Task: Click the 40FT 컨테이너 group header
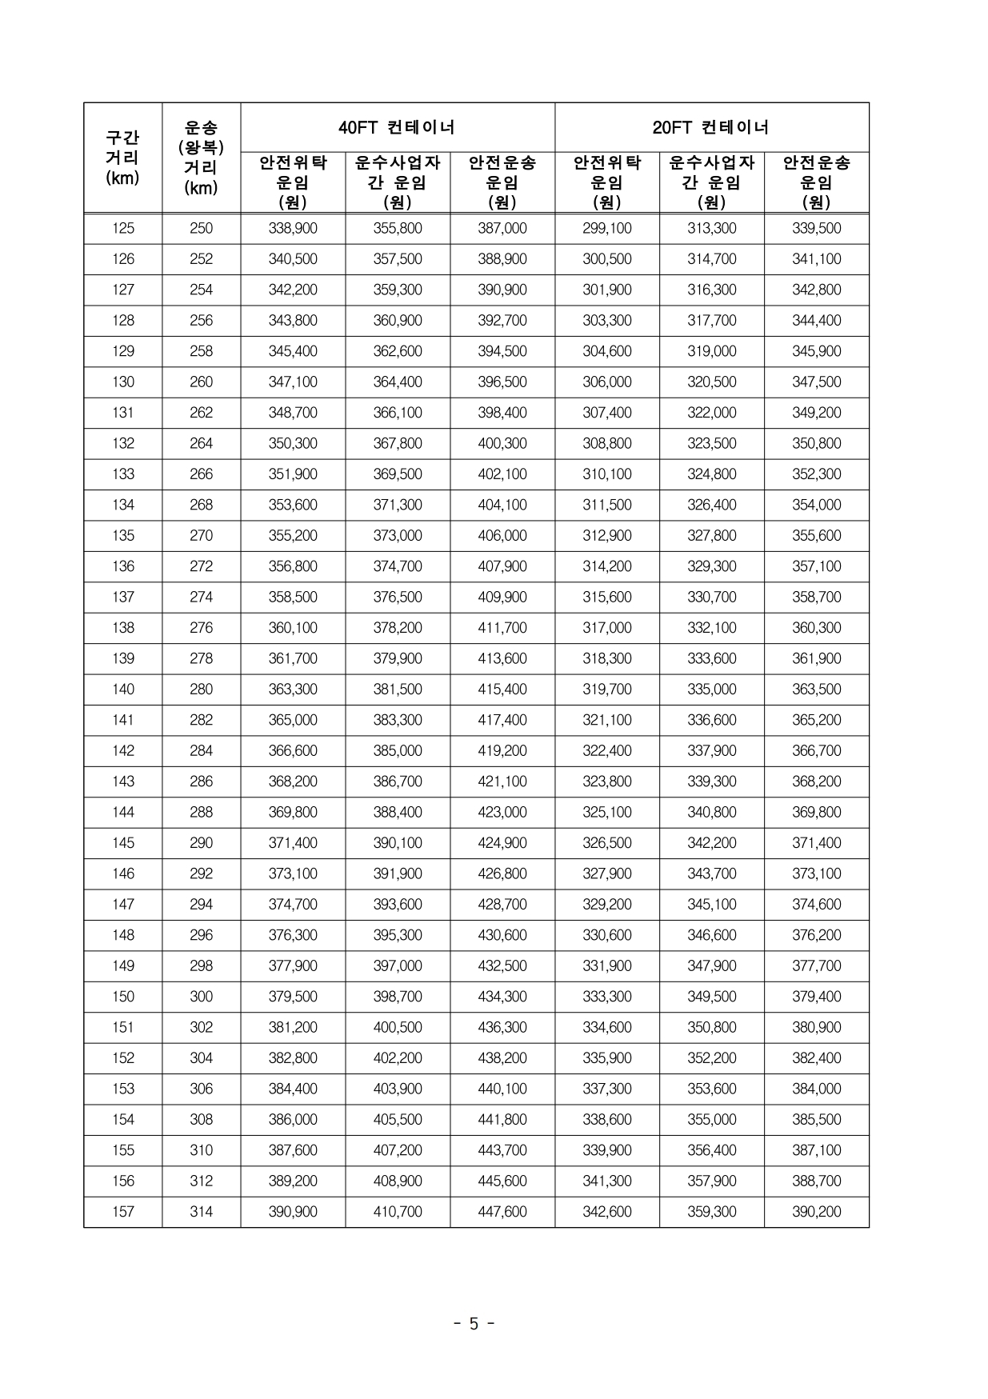pyautogui.click(x=397, y=127)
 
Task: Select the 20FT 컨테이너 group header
pyautogui.click(x=711, y=127)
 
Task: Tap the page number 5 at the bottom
pyautogui.click(x=474, y=1324)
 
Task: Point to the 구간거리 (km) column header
pyautogui.click(x=122, y=158)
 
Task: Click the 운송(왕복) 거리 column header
pyautogui.click(x=201, y=158)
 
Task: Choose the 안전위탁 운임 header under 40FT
pyautogui.click(x=293, y=182)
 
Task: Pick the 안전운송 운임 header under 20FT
pyautogui.click(x=816, y=182)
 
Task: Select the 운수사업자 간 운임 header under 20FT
pyautogui.click(x=711, y=182)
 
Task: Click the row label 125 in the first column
pyautogui.click(x=123, y=229)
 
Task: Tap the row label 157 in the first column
pyautogui.click(x=123, y=1212)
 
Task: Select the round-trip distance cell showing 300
pyautogui.click(x=201, y=997)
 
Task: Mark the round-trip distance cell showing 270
pyautogui.click(x=201, y=536)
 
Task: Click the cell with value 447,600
pyautogui.click(x=502, y=1212)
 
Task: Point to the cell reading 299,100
pyautogui.click(x=607, y=229)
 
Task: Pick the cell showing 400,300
pyautogui.click(x=502, y=444)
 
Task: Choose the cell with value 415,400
pyautogui.click(x=502, y=690)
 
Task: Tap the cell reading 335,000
pyautogui.click(x=711, y=690)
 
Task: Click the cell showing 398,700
pyautogui.click(x=398, y=997)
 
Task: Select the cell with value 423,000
pyautogui.click(x=502, y=813)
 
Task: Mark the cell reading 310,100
pyautogui.click(x=607, y=474)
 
